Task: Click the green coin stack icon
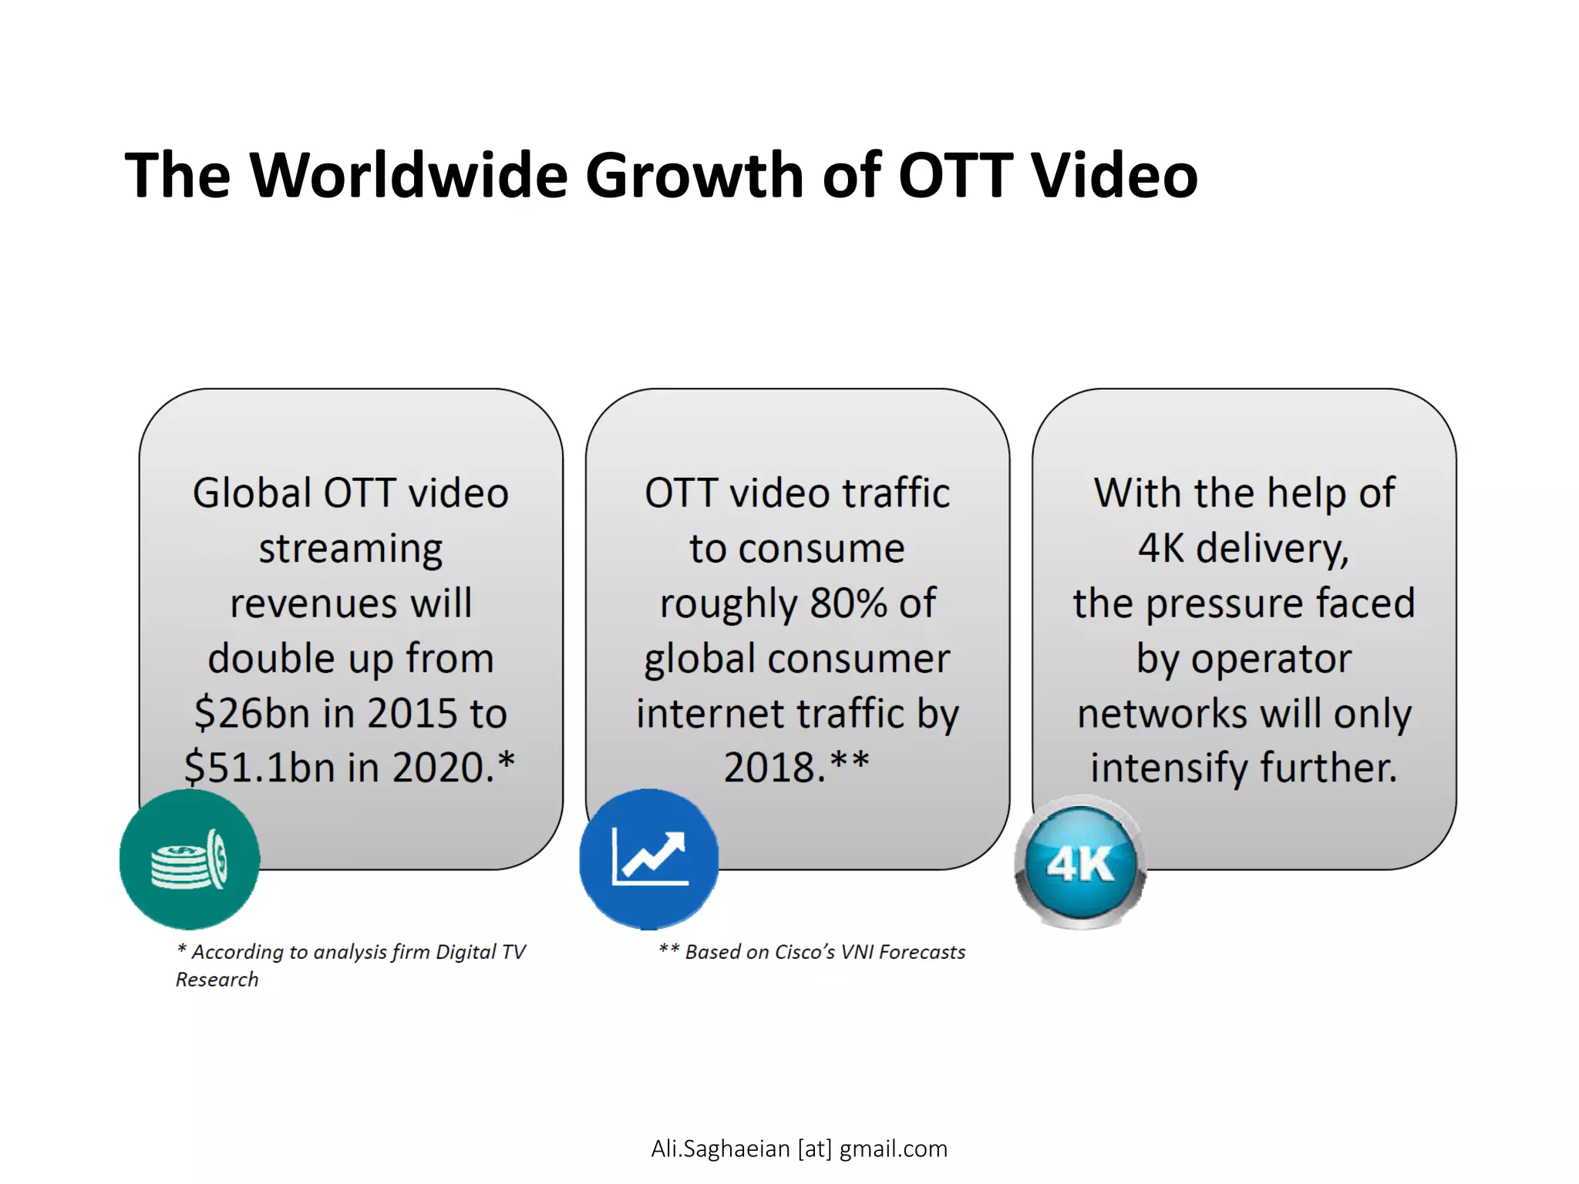click(x=190, y=859)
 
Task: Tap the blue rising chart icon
click(x=649, y=857)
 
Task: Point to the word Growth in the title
click(x=694, y=175)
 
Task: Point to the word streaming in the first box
click(x=351, y=549)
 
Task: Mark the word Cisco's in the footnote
click(x=804, y=952)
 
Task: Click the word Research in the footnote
click(x=217, y=980)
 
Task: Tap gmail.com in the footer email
click(x=893, y=1149)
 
